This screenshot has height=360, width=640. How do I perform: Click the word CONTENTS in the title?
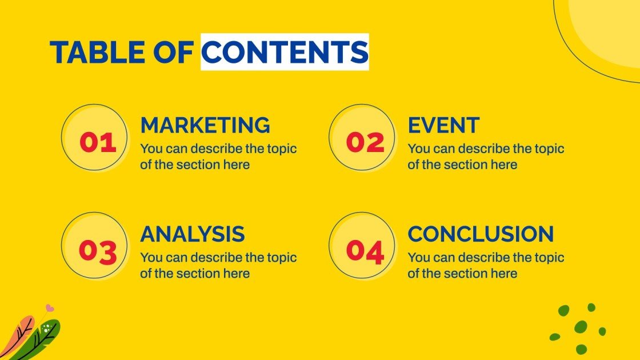point(285,52)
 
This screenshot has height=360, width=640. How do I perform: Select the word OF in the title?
point(173,52)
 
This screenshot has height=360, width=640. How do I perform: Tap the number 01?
point(97,142)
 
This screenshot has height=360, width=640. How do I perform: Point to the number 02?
point(365,142)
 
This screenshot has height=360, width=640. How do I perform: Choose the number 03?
point(97,251)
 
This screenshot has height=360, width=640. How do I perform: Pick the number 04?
point(365,251)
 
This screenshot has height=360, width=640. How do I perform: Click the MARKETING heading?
point(205,125)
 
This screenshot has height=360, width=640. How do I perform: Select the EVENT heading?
point(443,125)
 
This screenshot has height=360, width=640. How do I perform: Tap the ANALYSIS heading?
point(193,234)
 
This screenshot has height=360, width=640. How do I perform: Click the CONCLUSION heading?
point(481,234)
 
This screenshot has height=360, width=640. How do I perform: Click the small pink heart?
point(50,308)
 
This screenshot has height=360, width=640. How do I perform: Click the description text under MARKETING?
point(218,157)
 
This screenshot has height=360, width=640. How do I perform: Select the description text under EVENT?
point(486,157)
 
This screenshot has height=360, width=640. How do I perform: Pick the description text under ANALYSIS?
point(218,265)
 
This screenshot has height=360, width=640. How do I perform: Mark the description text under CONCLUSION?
point(486,265)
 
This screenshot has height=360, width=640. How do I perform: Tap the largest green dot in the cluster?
point(581,327)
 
